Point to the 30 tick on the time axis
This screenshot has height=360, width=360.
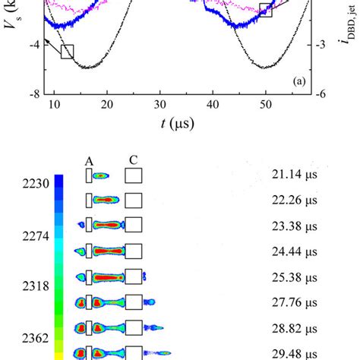[x=159, y=106]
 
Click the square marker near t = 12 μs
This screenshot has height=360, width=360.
[x=67, y=52]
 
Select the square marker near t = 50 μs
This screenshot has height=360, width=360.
[x=265, y=9]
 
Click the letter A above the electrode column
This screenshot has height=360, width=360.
[x=89, y=161]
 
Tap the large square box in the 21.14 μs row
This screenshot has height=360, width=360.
[x=134, y=176]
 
